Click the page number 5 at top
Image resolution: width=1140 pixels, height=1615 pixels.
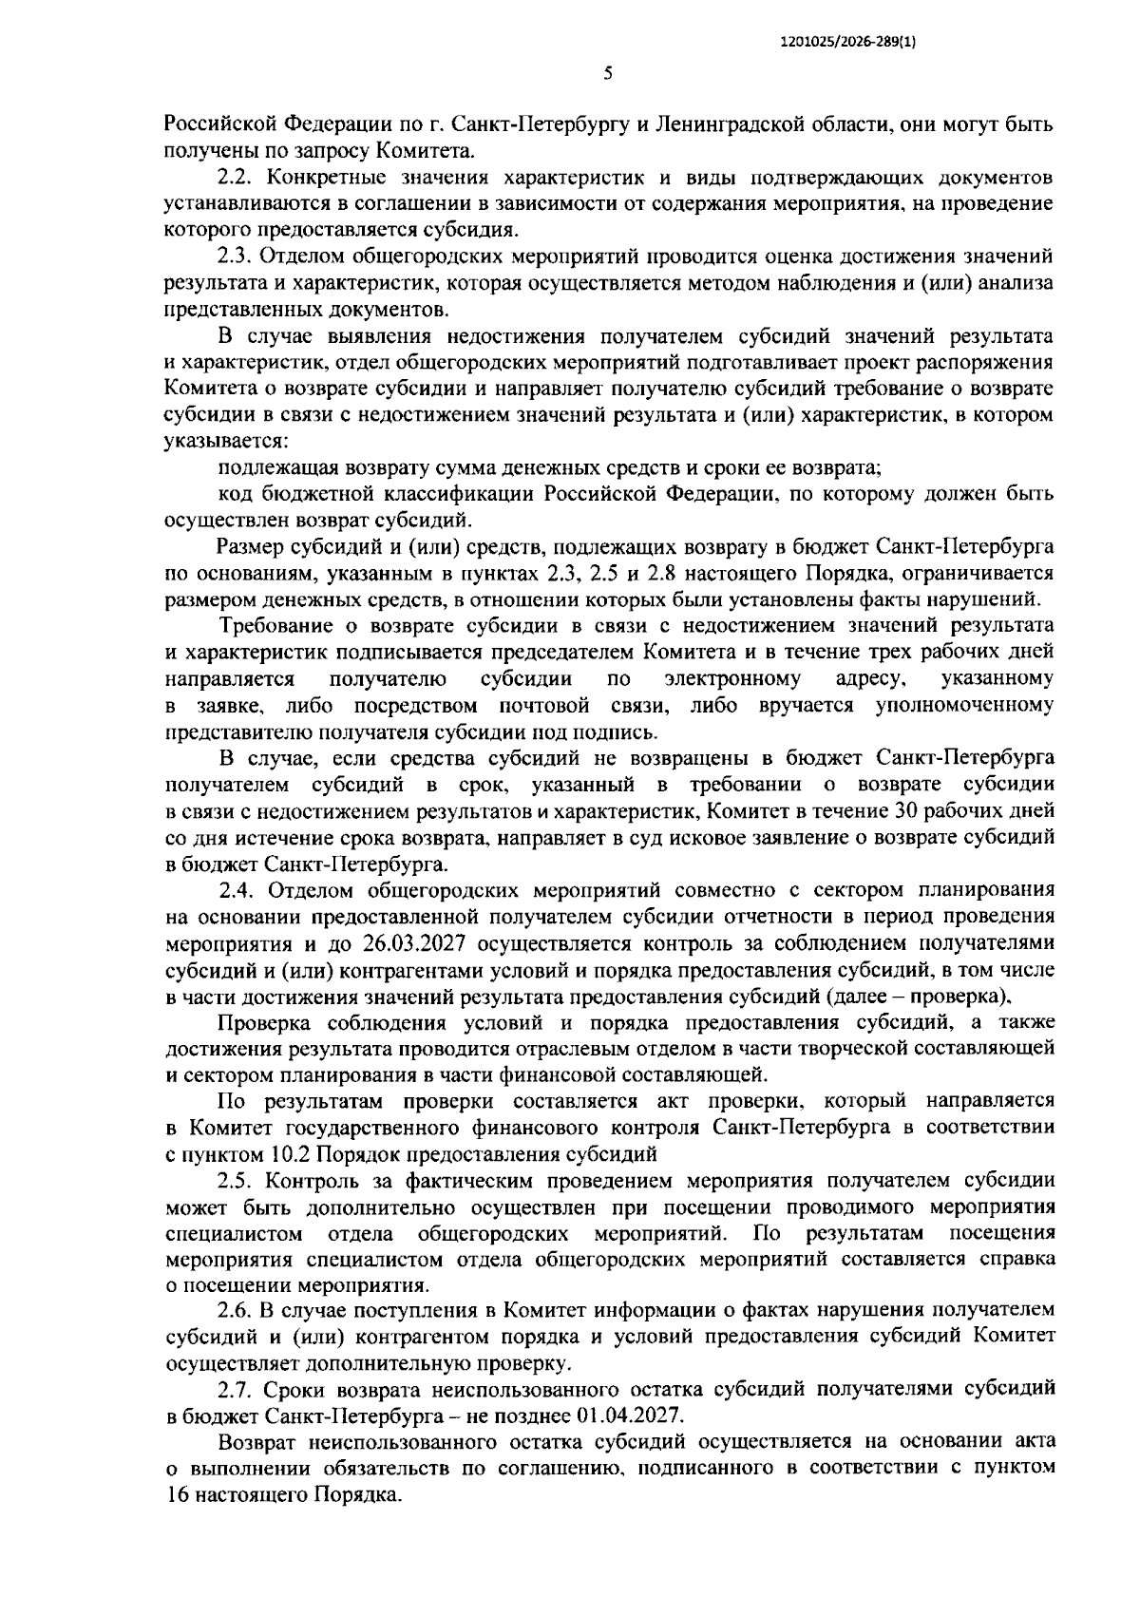[608, 74]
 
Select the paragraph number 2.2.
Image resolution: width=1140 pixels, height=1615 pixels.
[237, 177]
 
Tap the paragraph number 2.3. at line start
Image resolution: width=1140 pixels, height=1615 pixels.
[237, 256]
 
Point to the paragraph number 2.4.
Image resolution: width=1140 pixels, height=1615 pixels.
[237, 891]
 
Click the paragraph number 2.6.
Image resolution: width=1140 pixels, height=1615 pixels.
[237, 1310]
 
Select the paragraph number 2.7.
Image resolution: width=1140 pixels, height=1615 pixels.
[237, 1389]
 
